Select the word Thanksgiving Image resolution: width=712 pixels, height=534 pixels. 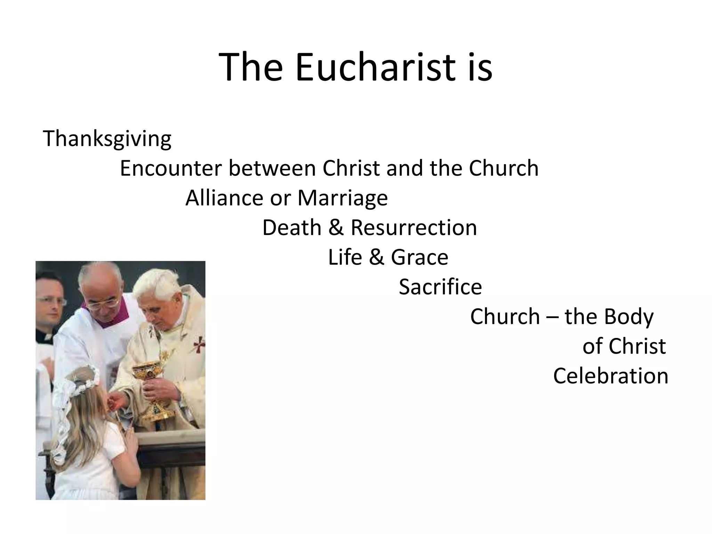click(107, 138)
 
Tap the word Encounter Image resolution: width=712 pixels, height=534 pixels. click(171, 168)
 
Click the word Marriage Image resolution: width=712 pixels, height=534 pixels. click(342, 199)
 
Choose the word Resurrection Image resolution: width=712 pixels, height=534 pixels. click(414, 228)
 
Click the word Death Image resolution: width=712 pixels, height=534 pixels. click(292, 228)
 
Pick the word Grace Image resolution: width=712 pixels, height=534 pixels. click(420, 257)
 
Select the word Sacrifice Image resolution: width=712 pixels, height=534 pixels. click(440, 287)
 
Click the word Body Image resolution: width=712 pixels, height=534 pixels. click(629, 317)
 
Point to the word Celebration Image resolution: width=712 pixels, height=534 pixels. click(610, 376)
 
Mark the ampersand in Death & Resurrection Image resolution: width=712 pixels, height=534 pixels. click(336, 228)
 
